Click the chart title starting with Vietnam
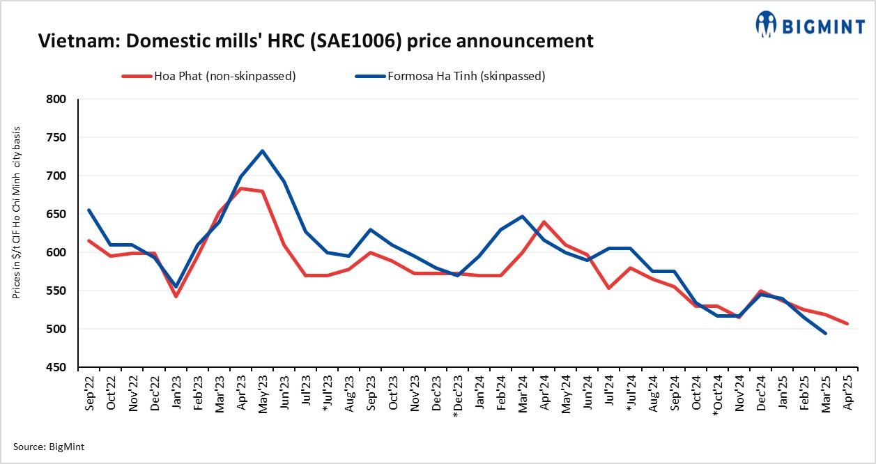click(316, 41)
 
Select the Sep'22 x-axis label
click(89, 394)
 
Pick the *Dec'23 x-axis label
click(457, 396)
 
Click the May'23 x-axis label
click(262, 394)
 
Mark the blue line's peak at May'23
click(262, 151)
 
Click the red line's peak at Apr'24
click(544, 222)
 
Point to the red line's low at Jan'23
click(176, 296)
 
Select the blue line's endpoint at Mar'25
click(825, 333)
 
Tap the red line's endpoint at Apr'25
click(847, 323)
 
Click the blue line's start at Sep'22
click(89, 210)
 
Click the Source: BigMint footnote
click(49, 447)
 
